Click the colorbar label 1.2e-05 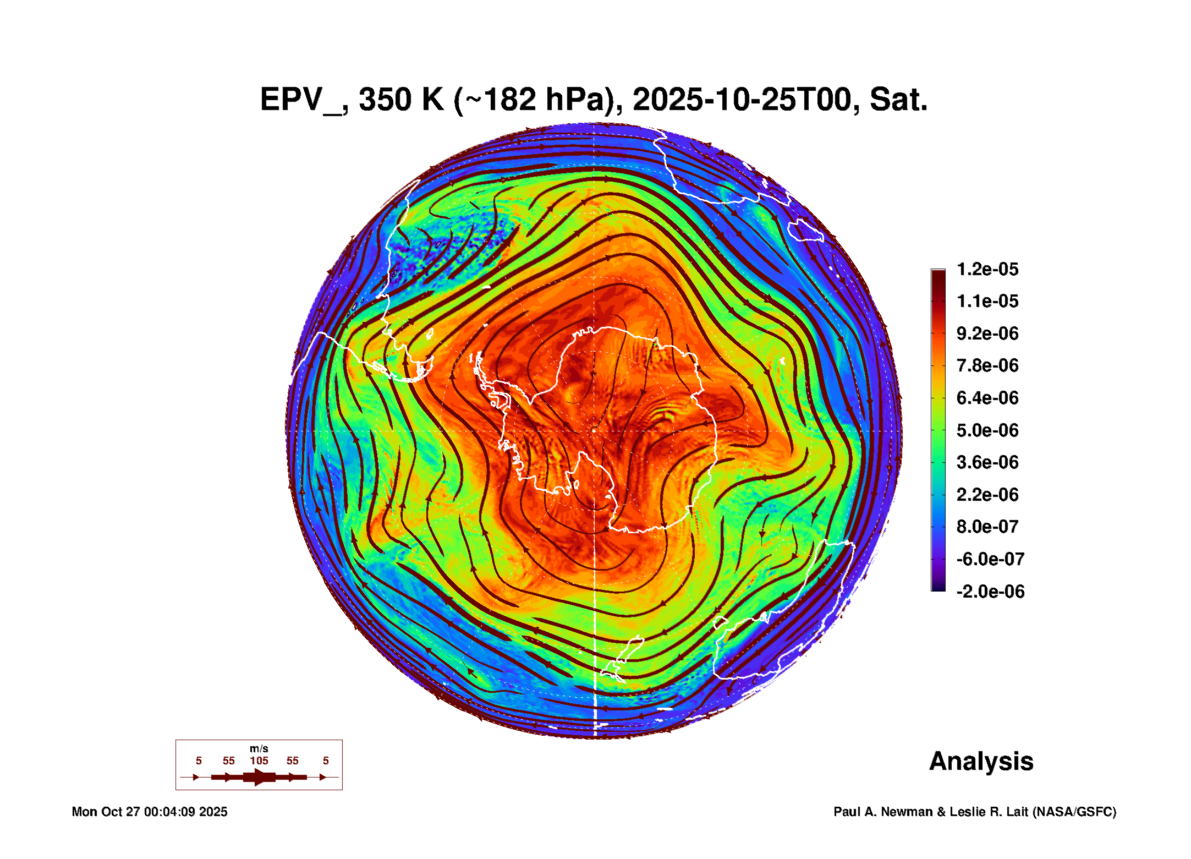click(x=987, y=269)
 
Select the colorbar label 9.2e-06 click(x=987, y=333)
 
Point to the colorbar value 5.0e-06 click(x=987, y=430)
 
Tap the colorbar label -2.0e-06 click(x=990, y=592)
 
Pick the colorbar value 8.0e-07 click(x=987, y=527)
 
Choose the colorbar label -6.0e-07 click(x=990, y=559)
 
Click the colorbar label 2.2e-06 click(x=987, y=495)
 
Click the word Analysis click(x=981, y=761)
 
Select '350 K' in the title click(x=400, y=100)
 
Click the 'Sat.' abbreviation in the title click(x=898, y=100)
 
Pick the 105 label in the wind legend click(x=259, y=760)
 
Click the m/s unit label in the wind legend click(x=259, y=749)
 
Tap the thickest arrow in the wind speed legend click(x=259, y=777)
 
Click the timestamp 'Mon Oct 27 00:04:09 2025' click(x=149, y=812)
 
